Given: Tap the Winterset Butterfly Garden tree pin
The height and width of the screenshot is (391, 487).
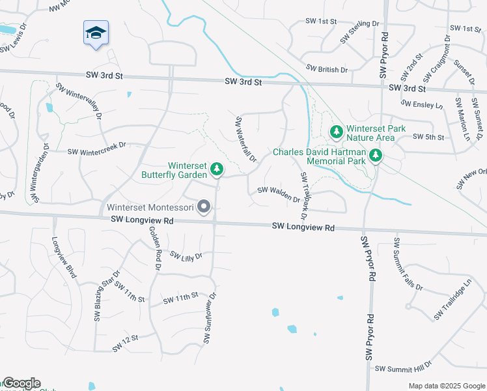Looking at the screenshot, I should pyautogui.click(x=217, y=170).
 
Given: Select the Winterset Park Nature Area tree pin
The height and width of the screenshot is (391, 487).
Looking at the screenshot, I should pyautogui.click(x=336, y=132).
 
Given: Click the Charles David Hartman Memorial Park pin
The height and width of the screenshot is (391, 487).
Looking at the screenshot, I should pyautogui.click(x=376, y=156).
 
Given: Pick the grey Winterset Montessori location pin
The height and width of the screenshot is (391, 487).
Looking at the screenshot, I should pyautogui.click(x=204, y=207).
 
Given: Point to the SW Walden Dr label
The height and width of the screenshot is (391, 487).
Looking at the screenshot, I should pyautogui.click(x=279, y=191).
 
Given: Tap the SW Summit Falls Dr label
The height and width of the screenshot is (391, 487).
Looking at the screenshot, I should pyautogui.click(x=408, y=265).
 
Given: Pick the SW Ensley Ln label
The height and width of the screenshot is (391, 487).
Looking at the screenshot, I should pyautogui.click(x=422, y=104).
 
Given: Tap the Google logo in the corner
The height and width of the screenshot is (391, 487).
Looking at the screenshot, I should pyautogui.click(x=21, y=383).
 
